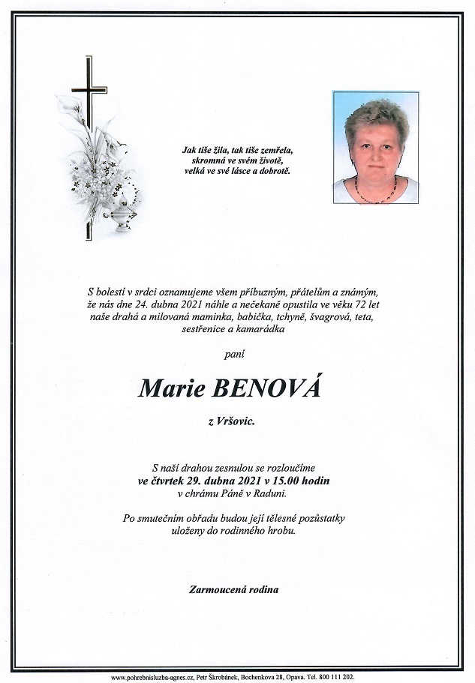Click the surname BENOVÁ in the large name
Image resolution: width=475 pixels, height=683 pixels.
(x=267, y=388)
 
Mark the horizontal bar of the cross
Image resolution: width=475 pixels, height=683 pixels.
(x=89, y=93)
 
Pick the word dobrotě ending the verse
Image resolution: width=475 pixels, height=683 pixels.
(x=275, y=171)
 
